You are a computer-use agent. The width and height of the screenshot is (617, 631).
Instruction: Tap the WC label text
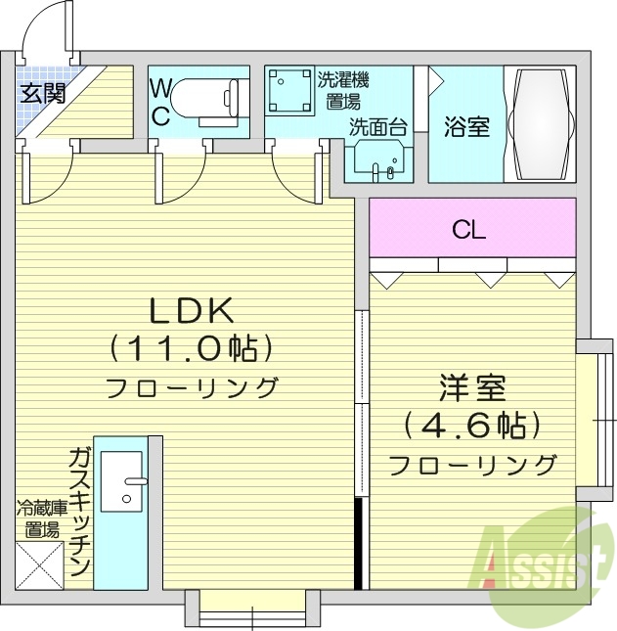(x=160, y=103)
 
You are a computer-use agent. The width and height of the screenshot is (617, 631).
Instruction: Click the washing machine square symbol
(x=288, y=89)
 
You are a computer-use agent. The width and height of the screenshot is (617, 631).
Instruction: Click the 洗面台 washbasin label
(x=377, y=127)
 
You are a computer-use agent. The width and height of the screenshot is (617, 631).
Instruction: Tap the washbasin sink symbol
(x=375, y=159)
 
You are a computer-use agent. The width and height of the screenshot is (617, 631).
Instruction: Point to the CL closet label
(x=469, y=231)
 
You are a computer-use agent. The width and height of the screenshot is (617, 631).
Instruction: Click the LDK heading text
(x=190, y=311)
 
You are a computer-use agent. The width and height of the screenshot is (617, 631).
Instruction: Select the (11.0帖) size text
(x=190, y=347)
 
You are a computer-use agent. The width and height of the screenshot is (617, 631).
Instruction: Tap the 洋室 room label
(x=471, y=388)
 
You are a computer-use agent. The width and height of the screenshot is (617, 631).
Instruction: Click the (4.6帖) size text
(x=471, y=426)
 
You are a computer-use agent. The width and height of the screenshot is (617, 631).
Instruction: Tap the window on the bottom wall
(x=251, y=610)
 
